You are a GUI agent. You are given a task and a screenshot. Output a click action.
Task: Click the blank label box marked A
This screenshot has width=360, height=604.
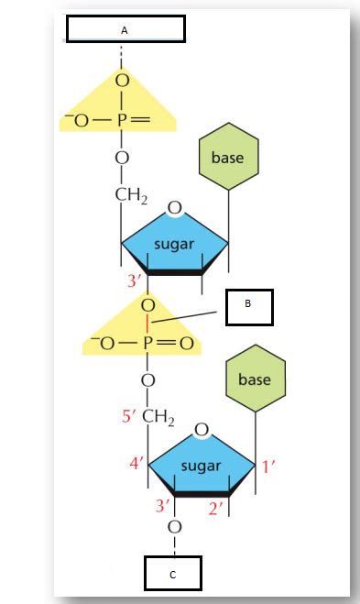(125, 29)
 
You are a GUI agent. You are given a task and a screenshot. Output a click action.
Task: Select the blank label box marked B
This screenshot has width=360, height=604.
(249, 307)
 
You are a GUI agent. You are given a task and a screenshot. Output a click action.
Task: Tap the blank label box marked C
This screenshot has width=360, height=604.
(172, 574)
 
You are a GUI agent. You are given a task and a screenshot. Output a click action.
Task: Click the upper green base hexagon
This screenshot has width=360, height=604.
(227, 158)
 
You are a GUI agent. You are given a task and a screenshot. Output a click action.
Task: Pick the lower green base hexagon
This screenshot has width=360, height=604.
(255, 379)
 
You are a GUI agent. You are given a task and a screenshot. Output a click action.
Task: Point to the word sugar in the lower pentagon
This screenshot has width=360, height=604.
(201, 466)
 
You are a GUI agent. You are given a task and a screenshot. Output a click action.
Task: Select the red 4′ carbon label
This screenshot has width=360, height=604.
(137, 464)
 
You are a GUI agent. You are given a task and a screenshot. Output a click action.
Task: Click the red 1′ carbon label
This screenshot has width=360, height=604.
(268, 466)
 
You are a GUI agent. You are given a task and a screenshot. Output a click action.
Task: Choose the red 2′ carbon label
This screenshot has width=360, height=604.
(216, 507)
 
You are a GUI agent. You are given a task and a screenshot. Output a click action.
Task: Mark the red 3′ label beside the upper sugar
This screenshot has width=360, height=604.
(136, 280)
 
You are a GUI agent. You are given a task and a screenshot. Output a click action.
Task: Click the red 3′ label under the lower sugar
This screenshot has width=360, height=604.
(162, 506)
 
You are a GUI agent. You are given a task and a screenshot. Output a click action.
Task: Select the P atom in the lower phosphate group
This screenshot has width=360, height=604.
(147, 345)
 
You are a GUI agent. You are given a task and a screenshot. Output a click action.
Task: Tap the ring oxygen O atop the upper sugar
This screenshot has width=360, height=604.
(174, 209)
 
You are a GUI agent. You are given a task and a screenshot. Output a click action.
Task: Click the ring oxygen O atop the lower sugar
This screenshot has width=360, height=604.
(202, 429)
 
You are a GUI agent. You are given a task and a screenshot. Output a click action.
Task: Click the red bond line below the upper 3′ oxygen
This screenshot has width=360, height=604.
(147, 323)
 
